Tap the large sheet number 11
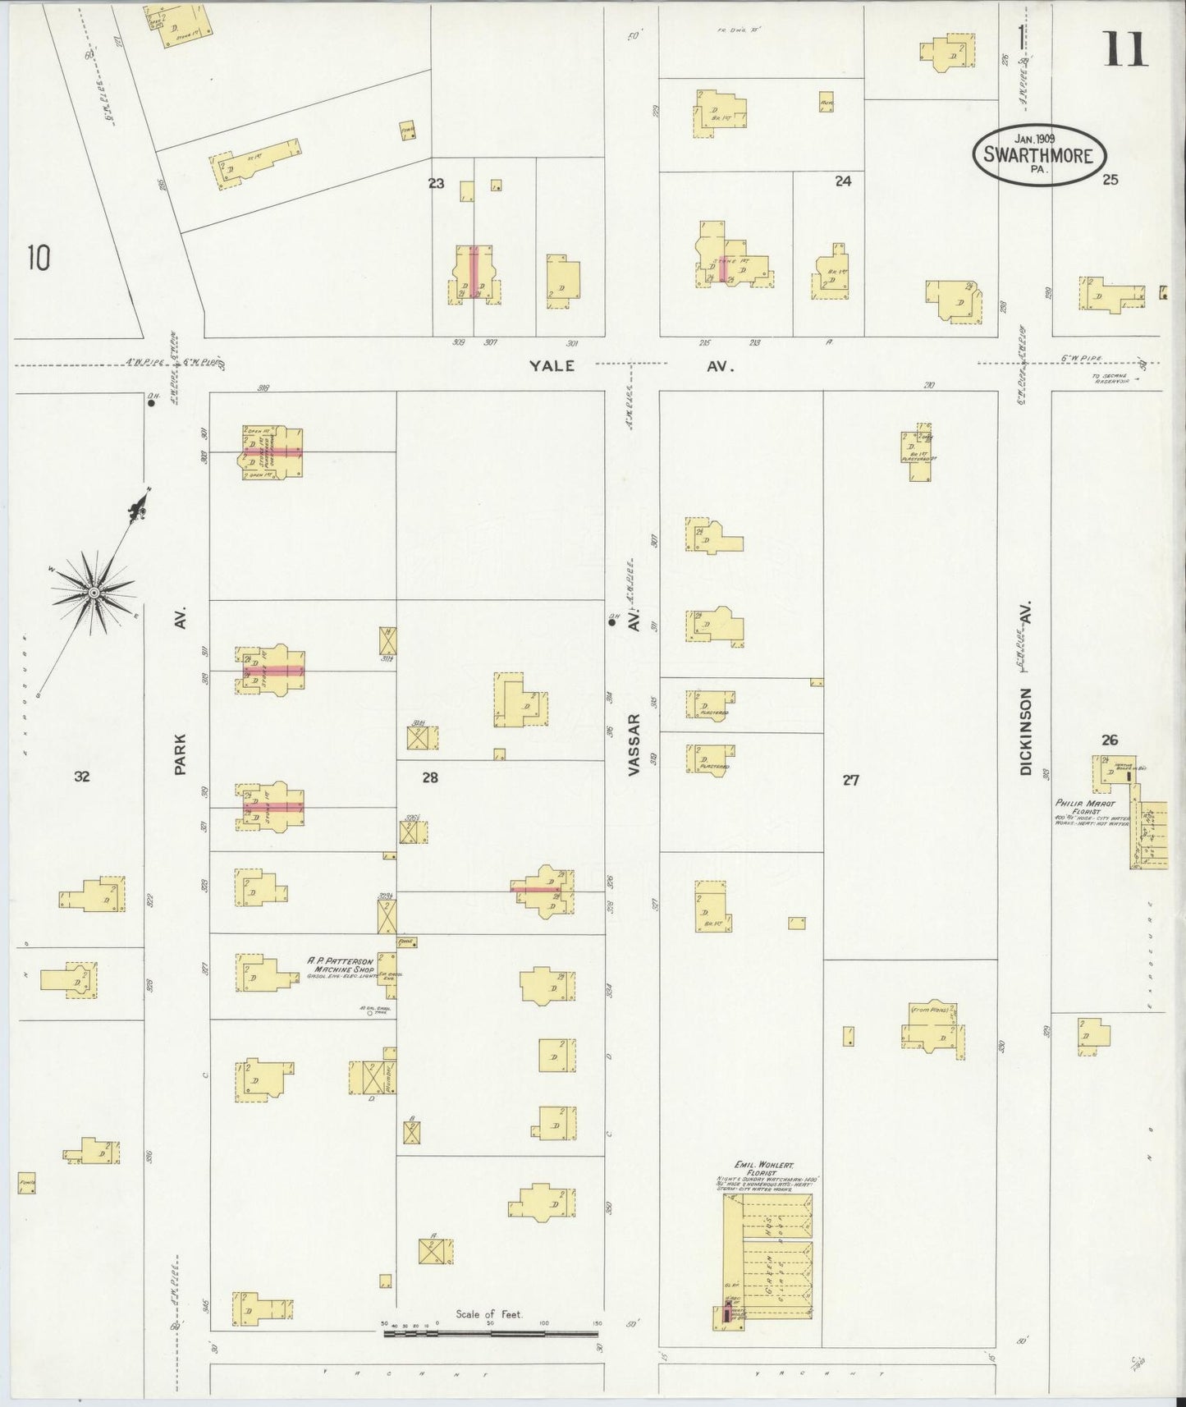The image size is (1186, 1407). click(x=1124, y=50)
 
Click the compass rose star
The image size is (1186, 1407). click(x=93, y=592)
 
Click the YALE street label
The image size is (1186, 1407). click(x=552, y=366)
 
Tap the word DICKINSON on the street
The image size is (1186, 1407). click(x=1025, y=731)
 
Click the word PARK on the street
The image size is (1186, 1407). click(x=181, y=753)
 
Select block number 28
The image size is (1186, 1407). click(x=430, y=777)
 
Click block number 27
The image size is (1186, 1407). click(x=850, y=780)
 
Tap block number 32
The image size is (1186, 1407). click(x=81, y=777)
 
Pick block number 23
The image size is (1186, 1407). click(x=436, y=183)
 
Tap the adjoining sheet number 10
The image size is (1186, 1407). click(x=38, y=259)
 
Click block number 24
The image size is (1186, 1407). click(x=843, y=181)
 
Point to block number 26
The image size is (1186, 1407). click(x=1110, y=740)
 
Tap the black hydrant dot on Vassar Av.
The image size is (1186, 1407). click(x=611, y=622)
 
